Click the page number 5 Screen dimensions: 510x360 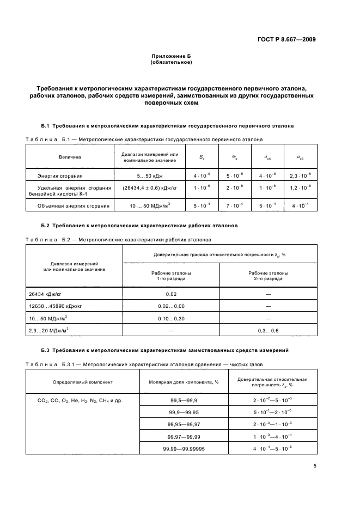click(x=315, y=465)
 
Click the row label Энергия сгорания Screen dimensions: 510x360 click(x=60, y=176)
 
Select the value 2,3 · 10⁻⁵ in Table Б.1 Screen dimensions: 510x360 click(x=300, y=176)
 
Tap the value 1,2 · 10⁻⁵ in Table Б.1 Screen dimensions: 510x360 click(x=300, y=187)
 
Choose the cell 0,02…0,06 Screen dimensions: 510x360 click(x=171, y=306)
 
